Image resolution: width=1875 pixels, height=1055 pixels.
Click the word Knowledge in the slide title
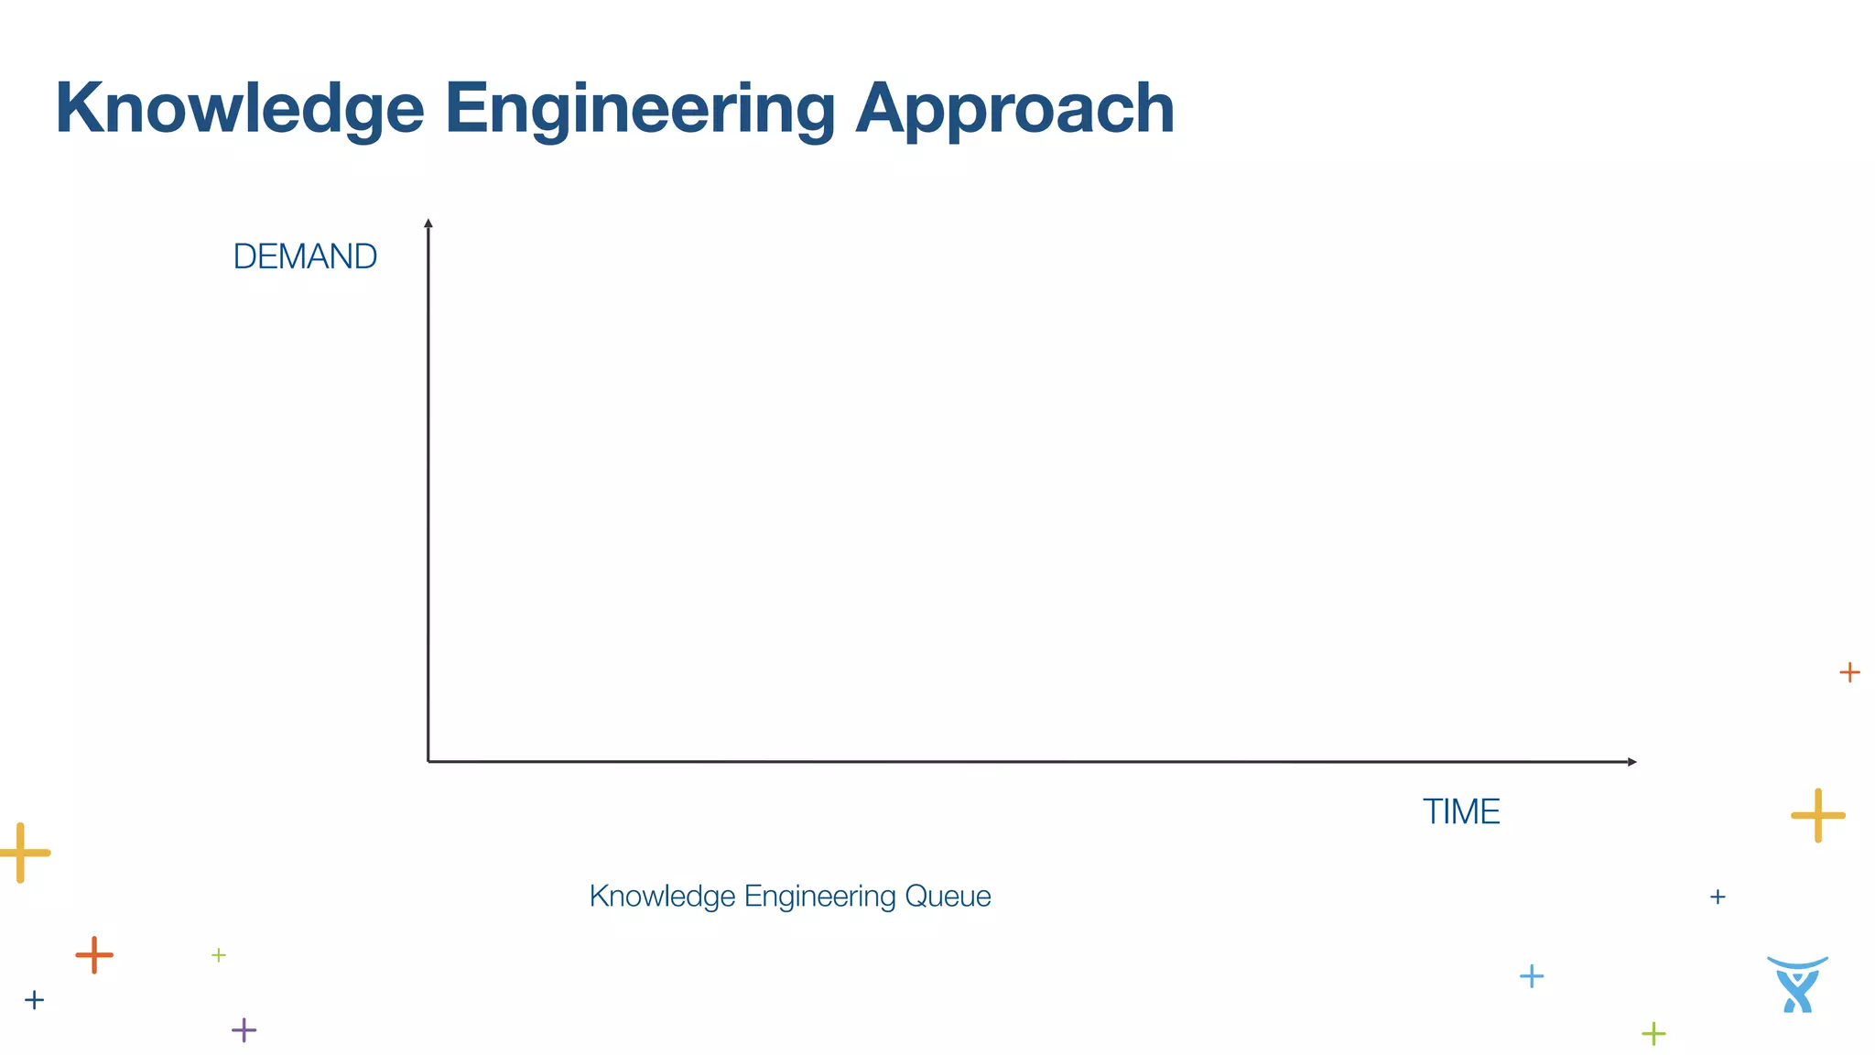240,109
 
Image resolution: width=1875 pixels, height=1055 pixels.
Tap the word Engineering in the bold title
640,109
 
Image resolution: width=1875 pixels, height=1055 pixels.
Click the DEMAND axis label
305,256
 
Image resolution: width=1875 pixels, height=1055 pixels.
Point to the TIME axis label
1461,811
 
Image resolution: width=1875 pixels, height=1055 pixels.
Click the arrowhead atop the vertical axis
428,223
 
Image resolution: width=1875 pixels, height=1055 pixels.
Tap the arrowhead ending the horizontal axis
1631,761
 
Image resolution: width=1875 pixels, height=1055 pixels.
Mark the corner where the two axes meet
428,760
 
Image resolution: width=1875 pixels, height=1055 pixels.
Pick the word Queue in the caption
948,896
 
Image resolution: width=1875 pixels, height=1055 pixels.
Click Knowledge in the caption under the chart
662,896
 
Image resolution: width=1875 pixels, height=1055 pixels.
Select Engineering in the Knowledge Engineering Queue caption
820,896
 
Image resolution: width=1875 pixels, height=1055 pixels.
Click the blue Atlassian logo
1797,984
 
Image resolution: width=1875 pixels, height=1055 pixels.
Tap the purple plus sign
244,1029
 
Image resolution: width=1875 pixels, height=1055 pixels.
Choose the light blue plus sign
1532,975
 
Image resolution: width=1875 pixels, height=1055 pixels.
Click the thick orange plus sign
94,955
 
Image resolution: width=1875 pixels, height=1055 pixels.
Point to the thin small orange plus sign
1849,672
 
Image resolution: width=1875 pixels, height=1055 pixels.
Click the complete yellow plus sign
1817,814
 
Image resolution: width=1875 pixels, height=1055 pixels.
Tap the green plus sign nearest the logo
1653,1034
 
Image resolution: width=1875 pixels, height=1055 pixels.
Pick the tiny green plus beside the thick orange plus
219,955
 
